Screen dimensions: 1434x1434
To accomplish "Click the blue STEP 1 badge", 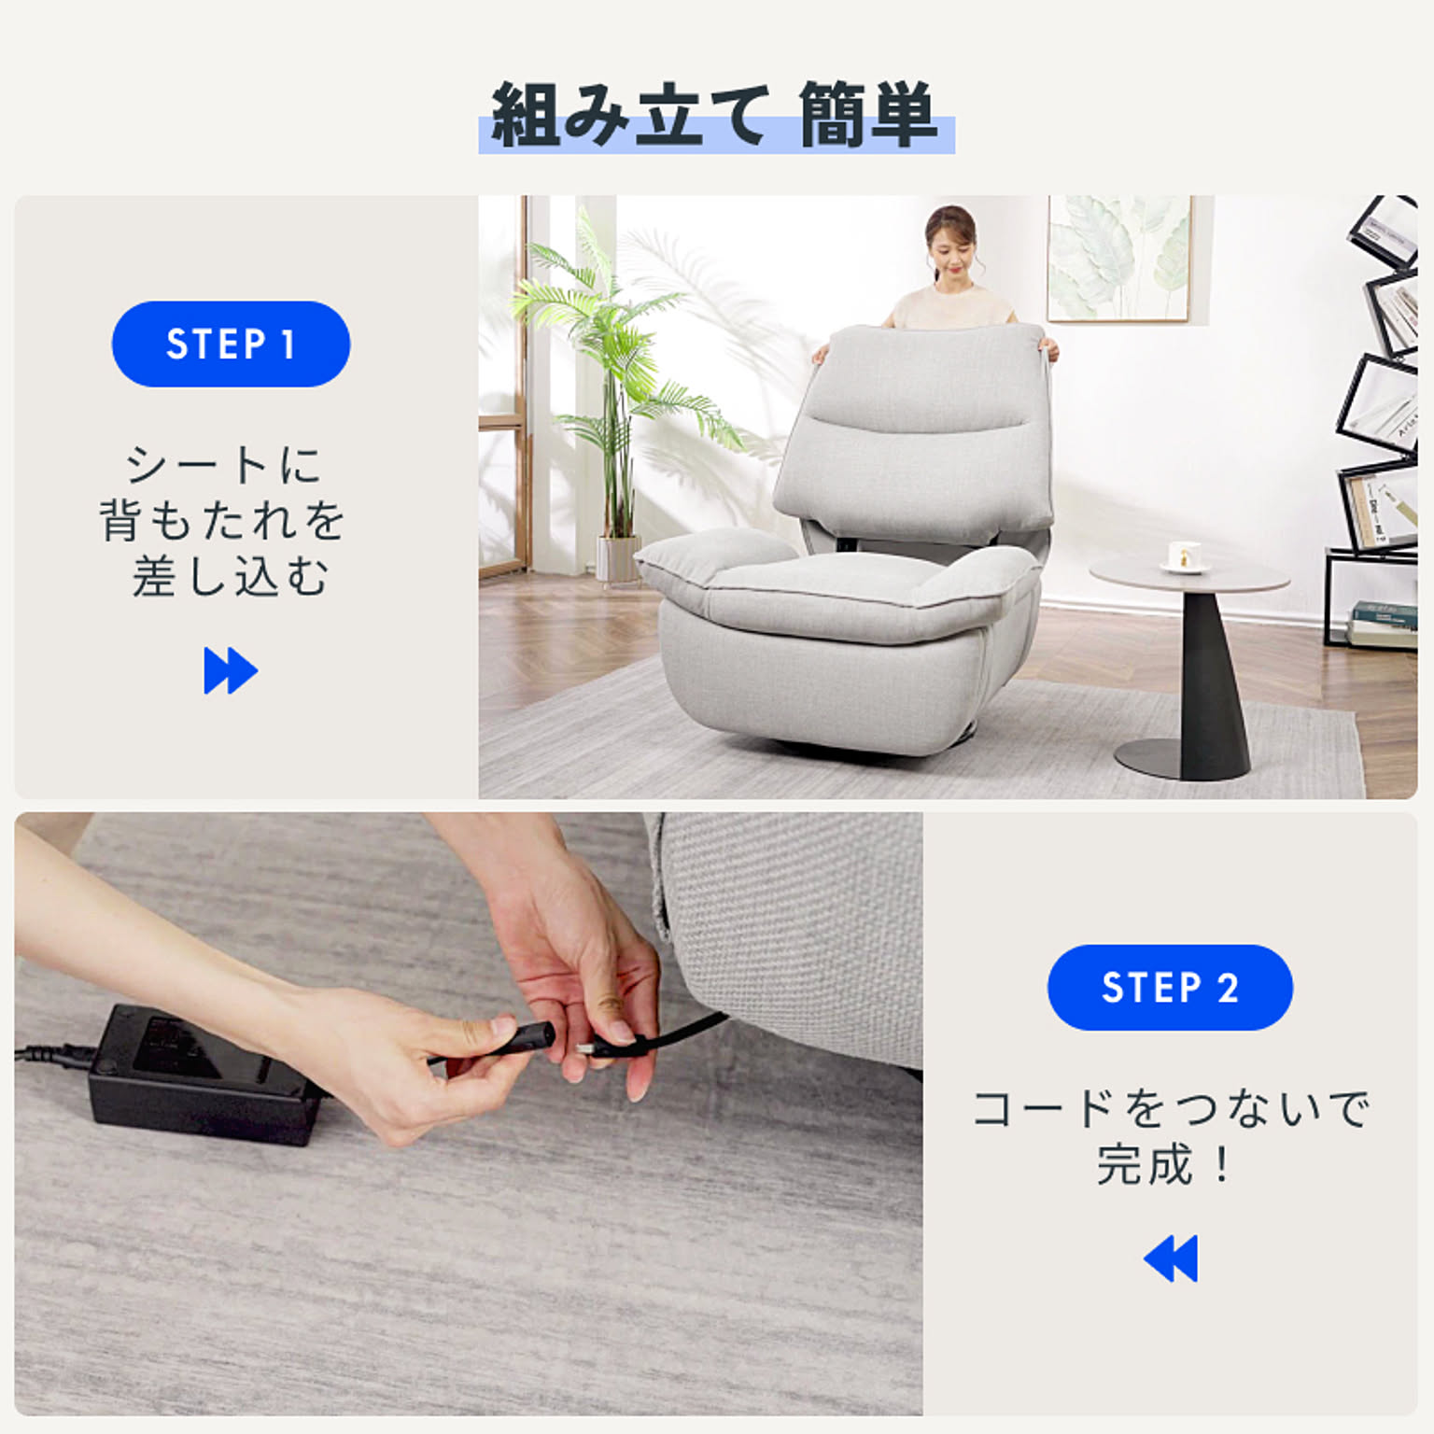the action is (x=231, y=344).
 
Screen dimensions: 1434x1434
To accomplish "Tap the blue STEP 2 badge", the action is (x=1170, y=987).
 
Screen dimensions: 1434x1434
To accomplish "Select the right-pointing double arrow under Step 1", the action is (x=231, y=670).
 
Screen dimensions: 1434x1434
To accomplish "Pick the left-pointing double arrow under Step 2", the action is (x=1171, y=1258).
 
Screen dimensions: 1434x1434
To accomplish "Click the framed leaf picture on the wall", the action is (x=1118, y=259).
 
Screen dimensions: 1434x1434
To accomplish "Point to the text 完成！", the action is (x=1163, y=1164).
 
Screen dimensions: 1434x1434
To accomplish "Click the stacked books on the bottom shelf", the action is (x=1383, y=624).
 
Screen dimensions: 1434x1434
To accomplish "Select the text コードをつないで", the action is (x=1171, y=1108).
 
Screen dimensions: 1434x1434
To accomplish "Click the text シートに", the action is (x=224, y=465).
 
